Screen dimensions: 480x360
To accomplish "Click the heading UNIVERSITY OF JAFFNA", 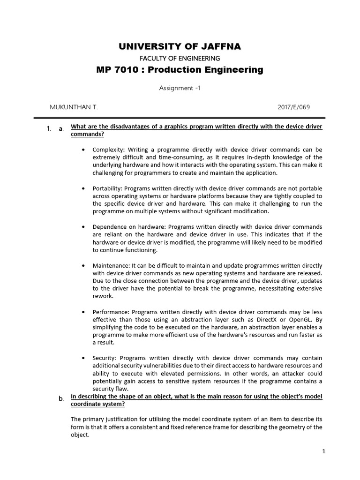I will point(180,46).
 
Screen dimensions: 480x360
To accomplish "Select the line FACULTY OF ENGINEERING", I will point(180,58).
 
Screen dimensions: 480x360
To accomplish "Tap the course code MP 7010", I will point(114,70).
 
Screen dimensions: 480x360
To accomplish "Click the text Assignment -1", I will point(180,88).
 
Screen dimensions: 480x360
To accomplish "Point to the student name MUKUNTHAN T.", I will point(74,107).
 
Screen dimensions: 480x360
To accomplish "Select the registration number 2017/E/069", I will point(294,107).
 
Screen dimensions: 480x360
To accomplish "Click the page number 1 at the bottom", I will point(323,451).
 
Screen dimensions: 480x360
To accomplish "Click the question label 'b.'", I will point(61,398).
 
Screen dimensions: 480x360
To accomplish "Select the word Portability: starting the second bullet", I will point(109,188).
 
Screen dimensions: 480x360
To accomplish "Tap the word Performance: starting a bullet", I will point(112,312).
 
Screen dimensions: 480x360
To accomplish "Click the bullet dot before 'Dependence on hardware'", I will point(82,227).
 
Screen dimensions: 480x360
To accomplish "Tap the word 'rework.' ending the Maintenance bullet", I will point(103,296).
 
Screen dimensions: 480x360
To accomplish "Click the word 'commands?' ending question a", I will point(87,134).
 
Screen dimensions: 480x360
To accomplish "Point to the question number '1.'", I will point(49,128).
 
